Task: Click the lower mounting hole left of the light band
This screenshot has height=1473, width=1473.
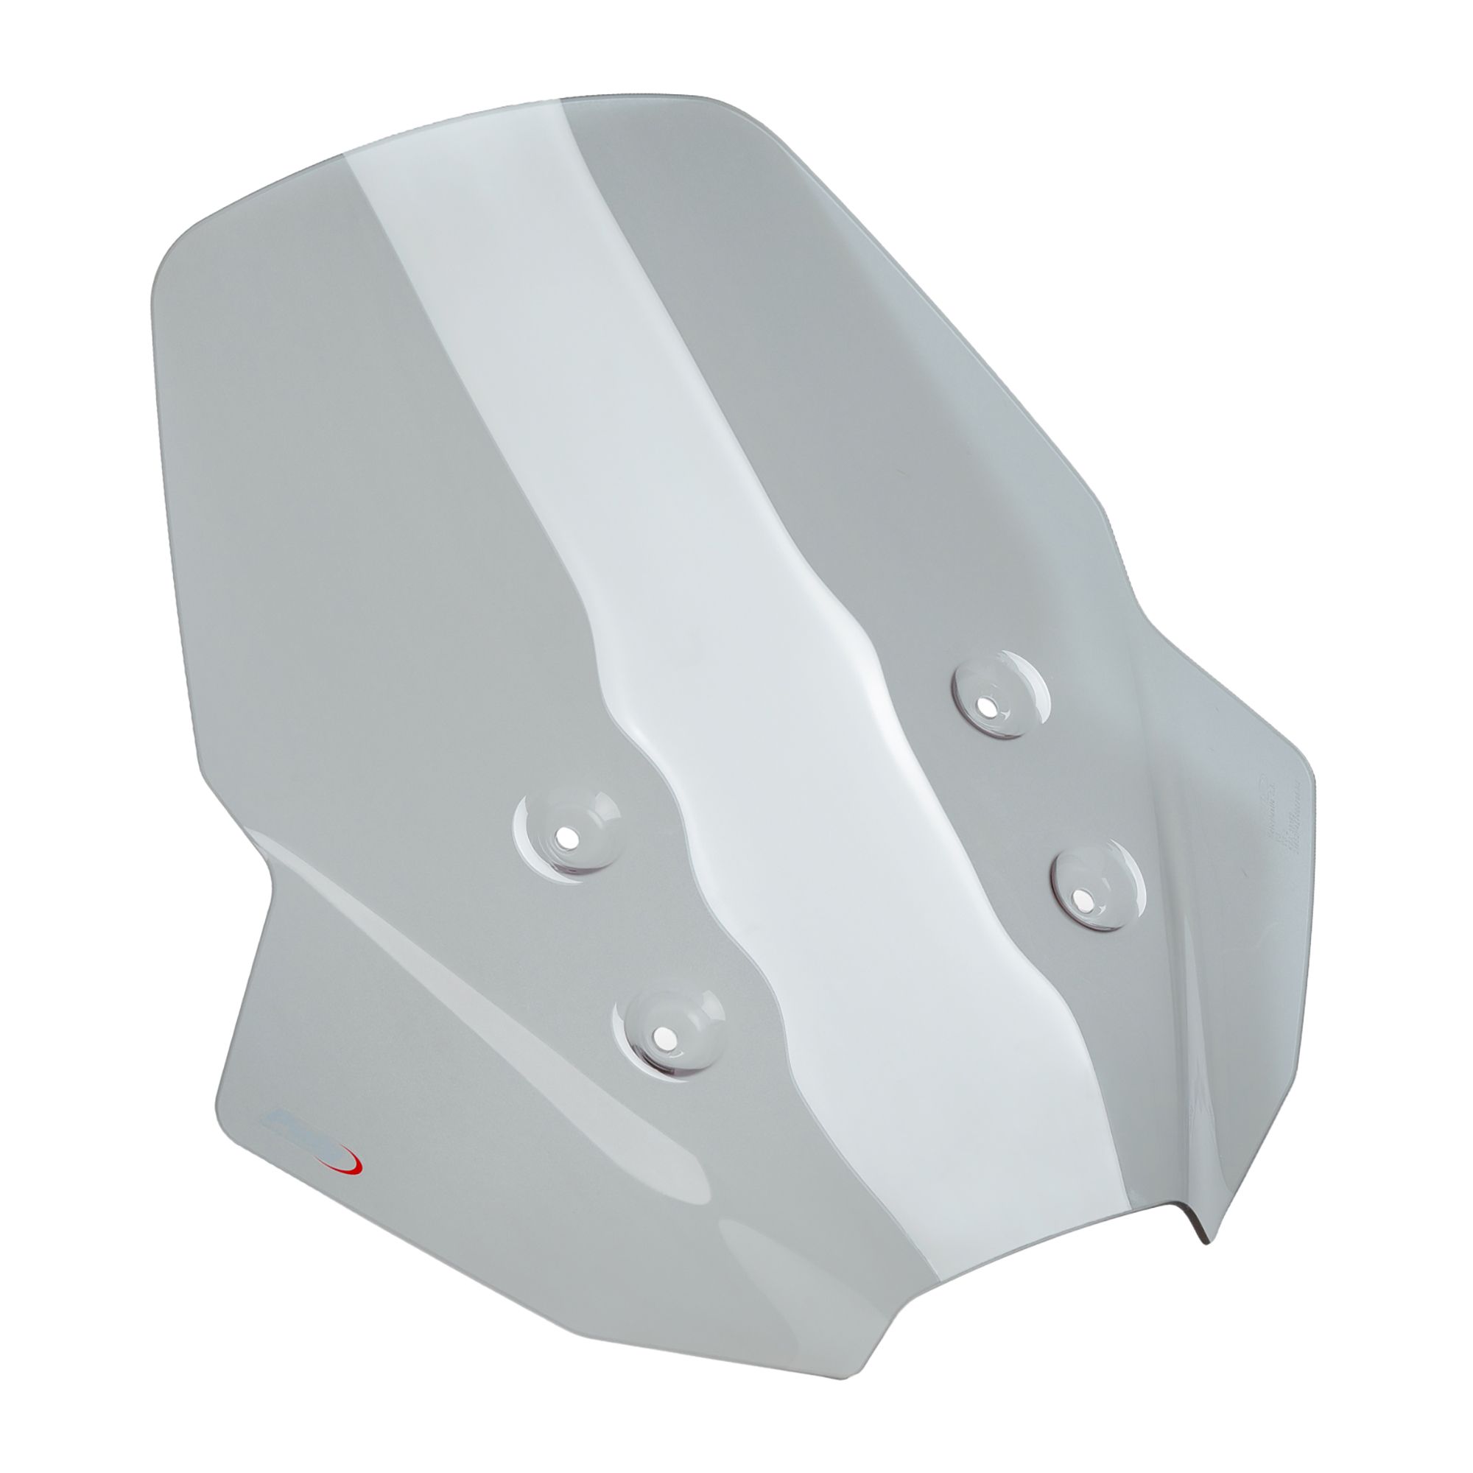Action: (664, 1038)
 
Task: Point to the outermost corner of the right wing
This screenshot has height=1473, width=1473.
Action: (1313, 770)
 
